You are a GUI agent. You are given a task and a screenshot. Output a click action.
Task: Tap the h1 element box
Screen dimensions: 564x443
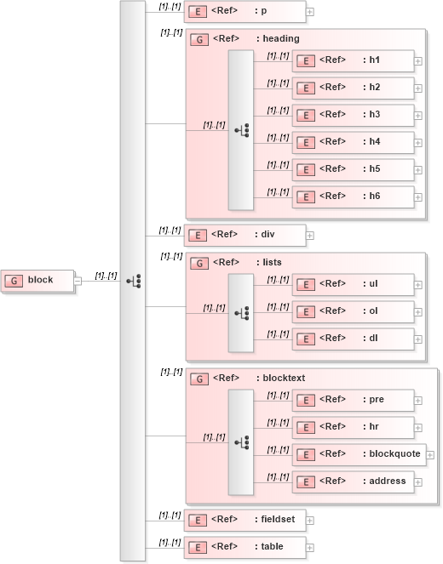pos(353,60)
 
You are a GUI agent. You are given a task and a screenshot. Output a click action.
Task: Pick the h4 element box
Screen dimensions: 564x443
pos(353,142)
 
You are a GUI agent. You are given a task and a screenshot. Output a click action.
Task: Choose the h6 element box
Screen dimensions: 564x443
pos(353,197)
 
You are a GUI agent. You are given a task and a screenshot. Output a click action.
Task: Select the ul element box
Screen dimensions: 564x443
pos(353,284)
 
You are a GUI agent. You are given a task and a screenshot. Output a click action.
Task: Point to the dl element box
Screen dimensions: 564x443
pos(353,339)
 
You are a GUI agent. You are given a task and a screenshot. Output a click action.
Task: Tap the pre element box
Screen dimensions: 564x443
pos(353,400)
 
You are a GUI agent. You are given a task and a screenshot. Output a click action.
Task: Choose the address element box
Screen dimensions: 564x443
pos(353,481)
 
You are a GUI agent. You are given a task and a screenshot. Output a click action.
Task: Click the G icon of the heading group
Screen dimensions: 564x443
pos(198,39)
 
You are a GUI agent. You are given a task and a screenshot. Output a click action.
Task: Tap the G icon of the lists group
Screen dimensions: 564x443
pos(198,263)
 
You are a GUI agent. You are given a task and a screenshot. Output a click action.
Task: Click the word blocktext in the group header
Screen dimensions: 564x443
pos(284,379)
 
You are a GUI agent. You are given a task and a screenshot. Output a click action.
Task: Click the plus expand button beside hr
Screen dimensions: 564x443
pos(418,428)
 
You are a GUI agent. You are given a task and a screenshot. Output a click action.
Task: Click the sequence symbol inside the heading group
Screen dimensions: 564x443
pos(241,130)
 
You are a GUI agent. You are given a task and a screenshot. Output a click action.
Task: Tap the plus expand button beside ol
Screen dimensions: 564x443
pos(418,312)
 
